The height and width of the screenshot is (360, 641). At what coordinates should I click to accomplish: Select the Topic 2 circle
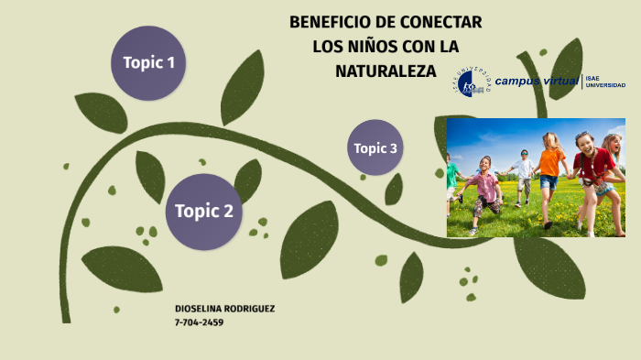204,212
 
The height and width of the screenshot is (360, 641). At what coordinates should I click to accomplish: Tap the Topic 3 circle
375,147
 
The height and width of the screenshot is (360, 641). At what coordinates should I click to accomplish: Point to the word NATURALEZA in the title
386,70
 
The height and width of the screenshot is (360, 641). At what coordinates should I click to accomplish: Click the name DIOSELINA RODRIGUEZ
224,309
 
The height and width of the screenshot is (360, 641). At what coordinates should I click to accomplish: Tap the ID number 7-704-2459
199,322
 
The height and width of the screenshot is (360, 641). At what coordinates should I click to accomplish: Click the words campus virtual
537,82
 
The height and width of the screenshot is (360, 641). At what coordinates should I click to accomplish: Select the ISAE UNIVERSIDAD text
605,82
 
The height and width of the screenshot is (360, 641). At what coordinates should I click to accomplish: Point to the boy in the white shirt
523,174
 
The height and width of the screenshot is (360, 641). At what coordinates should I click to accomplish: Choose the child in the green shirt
451,178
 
